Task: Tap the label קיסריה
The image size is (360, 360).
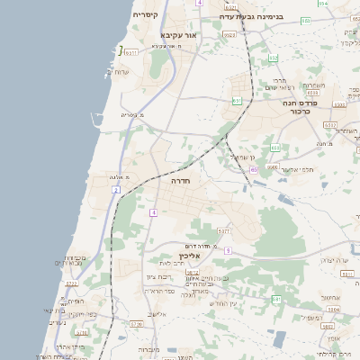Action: (146, 14)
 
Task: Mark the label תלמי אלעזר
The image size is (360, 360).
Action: (296, 169)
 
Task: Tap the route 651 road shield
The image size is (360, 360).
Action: (236, 101)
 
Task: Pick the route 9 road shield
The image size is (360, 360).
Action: (229, 250)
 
